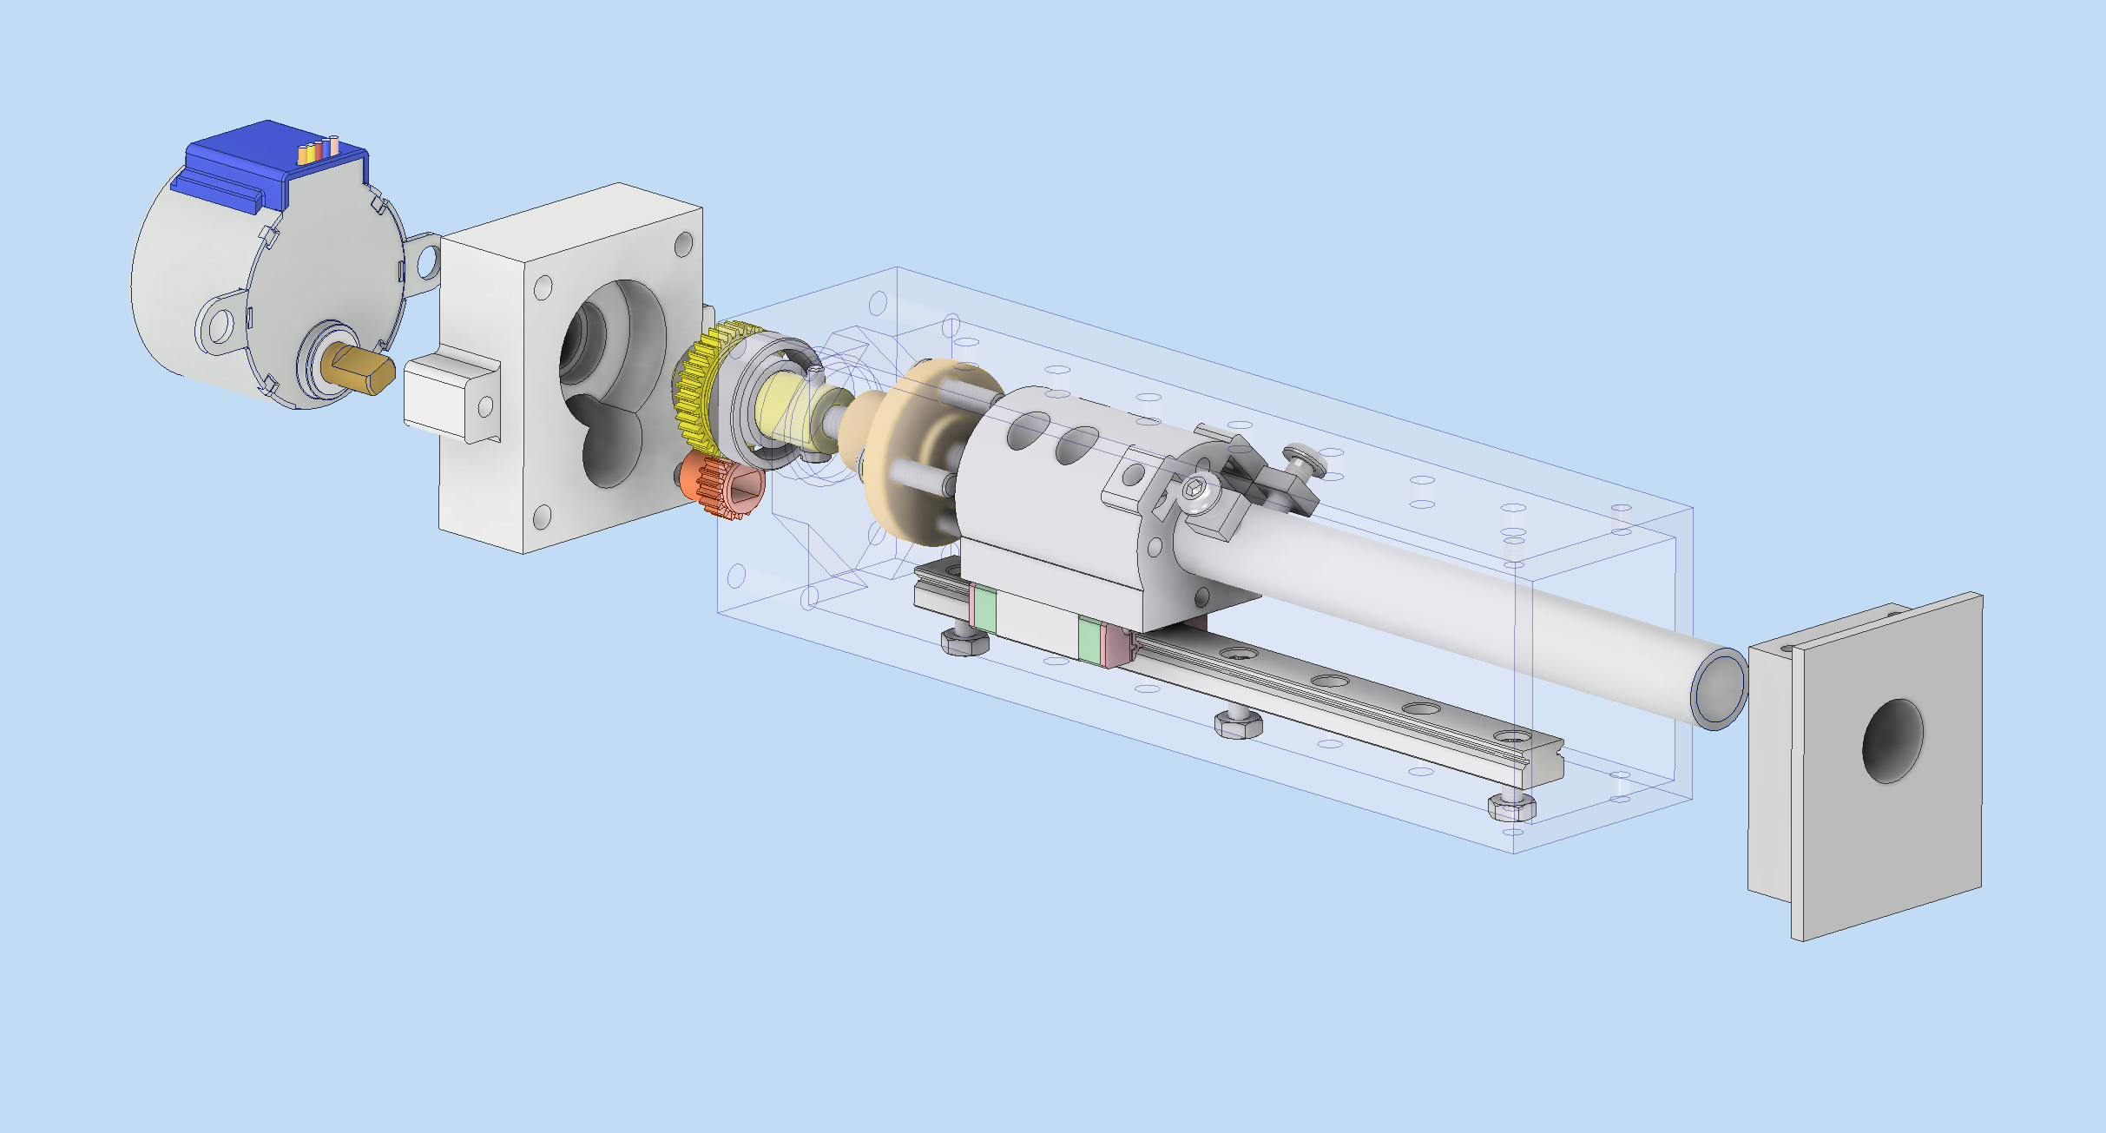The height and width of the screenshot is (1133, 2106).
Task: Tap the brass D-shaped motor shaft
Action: pos(360,369)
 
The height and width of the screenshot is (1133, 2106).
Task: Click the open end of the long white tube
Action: pos(1720,688)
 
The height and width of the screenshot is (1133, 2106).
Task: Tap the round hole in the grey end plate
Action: pos(1892,741)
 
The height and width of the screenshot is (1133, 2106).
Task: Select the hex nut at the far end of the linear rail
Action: pos(1511,808)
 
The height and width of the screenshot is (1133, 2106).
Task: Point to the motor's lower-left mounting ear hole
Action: pos(219,326)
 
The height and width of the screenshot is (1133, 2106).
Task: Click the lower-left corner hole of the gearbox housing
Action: pos(542,518)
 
